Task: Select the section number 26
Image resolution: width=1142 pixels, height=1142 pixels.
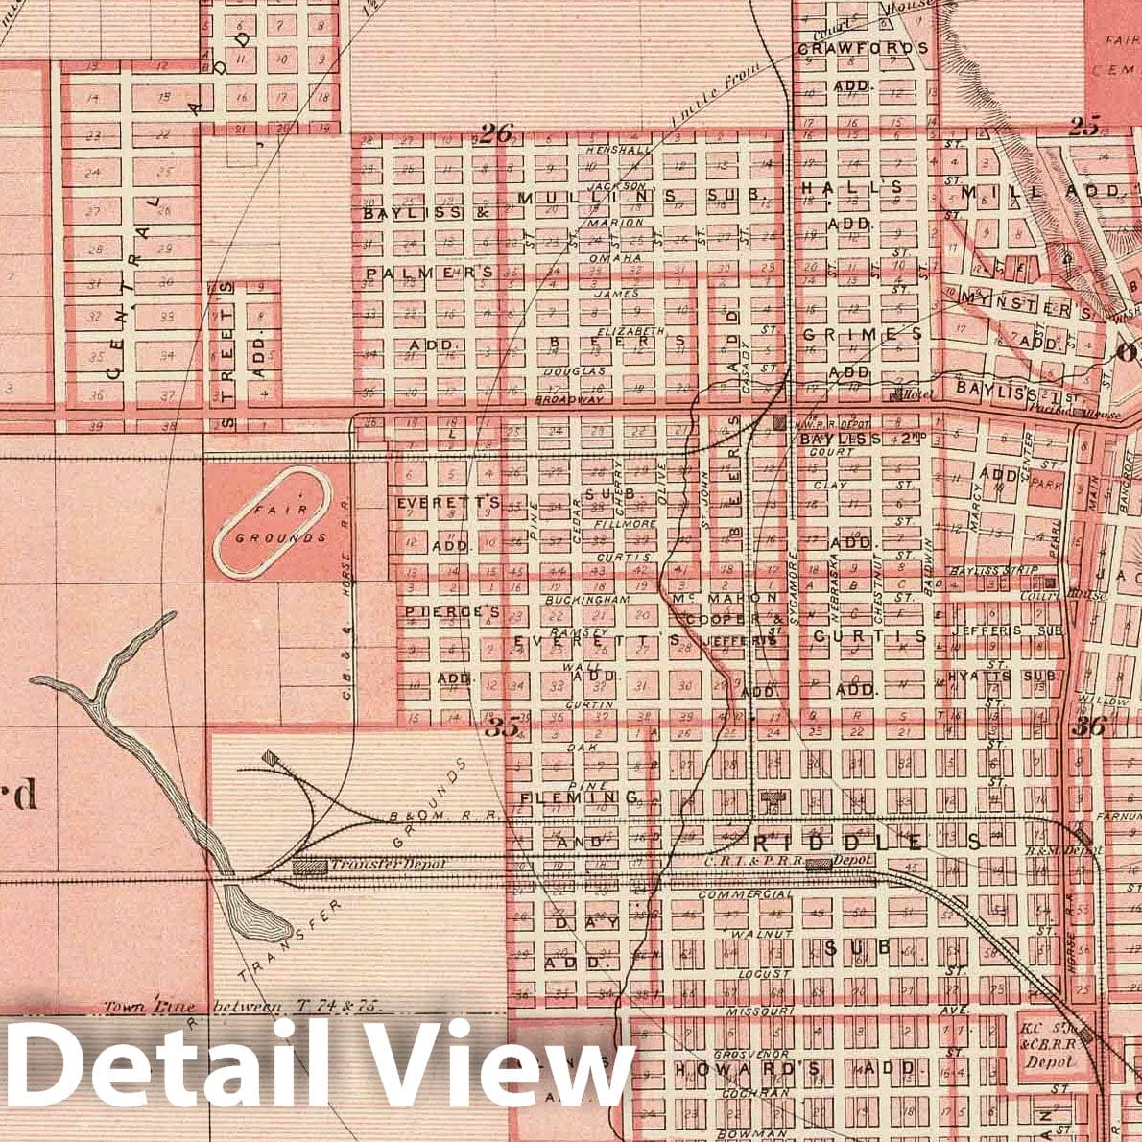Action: [496, 133]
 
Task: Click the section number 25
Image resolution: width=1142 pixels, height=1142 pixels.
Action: [1085, 125]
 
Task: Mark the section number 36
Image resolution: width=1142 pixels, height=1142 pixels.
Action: [1090, 726]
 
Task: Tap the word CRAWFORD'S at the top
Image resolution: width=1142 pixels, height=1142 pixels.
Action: [863, 47]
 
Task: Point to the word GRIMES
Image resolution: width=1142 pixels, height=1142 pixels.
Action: [861, 335]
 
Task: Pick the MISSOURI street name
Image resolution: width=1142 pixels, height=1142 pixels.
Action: [764, 1011]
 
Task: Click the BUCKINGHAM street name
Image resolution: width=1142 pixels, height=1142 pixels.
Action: [586, 599]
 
